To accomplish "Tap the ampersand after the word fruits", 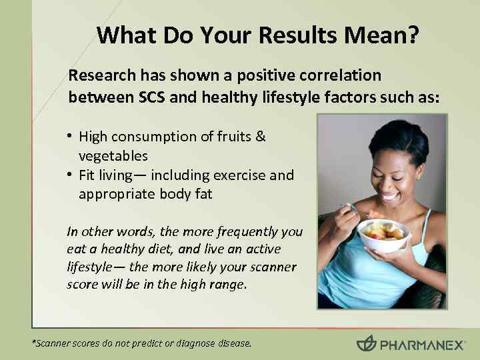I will tap(261, 137).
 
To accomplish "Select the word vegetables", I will tap(113, 156).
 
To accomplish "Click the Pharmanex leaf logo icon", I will tap(366, 344).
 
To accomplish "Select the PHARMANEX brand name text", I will tap(420, 345).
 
